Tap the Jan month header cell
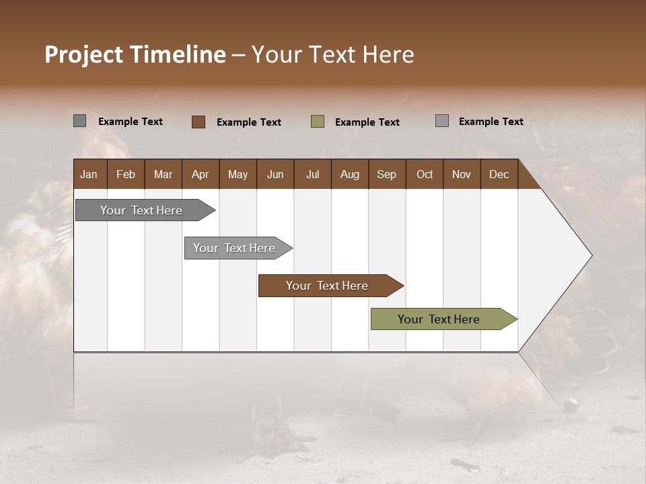click(x=89, y=174)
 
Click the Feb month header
click(x=126, y=174)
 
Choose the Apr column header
click(x=200, y=174)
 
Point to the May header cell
click(x=238, y=174)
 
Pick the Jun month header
click(x=275, y=174)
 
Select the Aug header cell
click(x=349, y=174)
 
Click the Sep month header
click(x=386, y=174)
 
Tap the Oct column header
click(x=425, y=174)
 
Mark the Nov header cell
click(x=462, y=174)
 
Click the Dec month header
click(x=499, y=174)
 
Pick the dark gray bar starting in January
click(x=142, y=210)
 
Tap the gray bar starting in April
click(x=235, y=248)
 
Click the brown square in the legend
click(x=198, y=122)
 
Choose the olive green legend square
click(x=318, y=122)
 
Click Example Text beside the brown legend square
click(x=249, y=122)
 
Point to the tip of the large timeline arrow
click(x=591, y=255)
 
